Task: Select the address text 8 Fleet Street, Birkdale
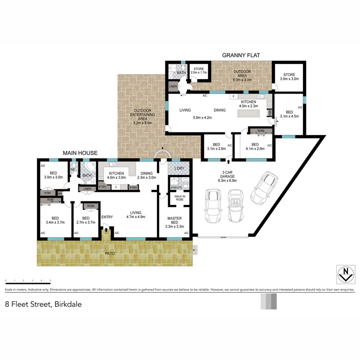[x=43, y=304]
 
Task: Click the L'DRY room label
[x=179, y=168]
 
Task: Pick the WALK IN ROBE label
[x=179, y=198]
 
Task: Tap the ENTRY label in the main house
[x=107, y=217]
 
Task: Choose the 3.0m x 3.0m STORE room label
[x=289, y=77]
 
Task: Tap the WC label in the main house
[x=73, y=169]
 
